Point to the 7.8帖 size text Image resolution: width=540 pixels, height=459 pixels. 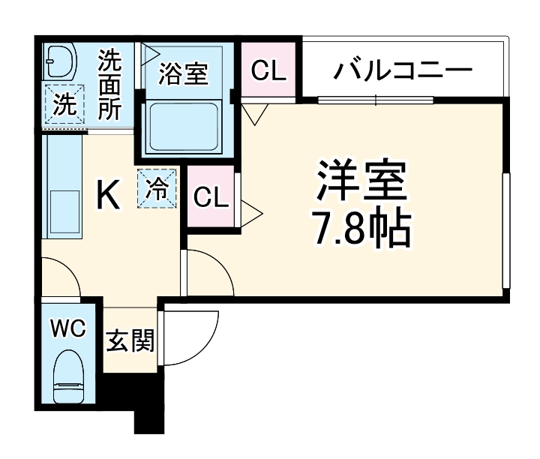(361, 229)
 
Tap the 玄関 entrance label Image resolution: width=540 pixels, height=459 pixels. (130, 342)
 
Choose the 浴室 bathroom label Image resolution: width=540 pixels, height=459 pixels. (184, 74)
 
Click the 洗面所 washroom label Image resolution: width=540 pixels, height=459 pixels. (110, 85)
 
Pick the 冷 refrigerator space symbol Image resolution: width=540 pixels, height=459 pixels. (157, 187)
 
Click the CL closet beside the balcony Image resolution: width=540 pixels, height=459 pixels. (268, 71)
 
